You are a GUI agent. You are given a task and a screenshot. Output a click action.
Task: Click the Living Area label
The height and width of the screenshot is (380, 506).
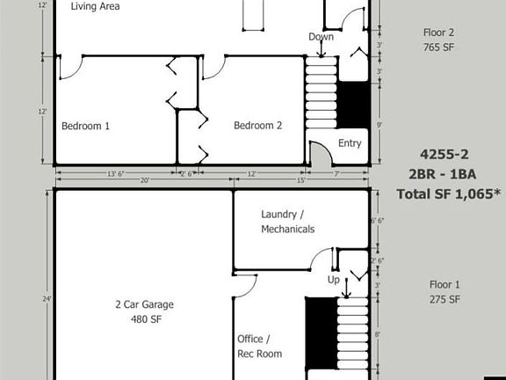(x=95, y=6)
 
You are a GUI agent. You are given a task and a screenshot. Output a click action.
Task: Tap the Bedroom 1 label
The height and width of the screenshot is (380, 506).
(x=85, y=126)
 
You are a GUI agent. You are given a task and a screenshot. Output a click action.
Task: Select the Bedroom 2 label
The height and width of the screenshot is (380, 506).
(x=257, y=126)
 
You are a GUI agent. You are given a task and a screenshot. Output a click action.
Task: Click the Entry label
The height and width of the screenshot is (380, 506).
(x=349, y=143)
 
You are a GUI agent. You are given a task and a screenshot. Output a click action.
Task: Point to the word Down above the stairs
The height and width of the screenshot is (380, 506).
(x=321, y=37)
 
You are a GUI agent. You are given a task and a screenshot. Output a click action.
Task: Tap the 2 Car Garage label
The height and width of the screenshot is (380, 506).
(x=144, y=305)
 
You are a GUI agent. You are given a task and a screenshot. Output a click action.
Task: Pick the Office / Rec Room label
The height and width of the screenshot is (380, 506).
(x=259, y=346)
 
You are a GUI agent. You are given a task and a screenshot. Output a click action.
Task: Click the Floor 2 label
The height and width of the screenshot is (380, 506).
(x=438, y=32)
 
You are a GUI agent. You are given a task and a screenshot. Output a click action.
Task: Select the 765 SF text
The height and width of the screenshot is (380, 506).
(x=438, y=47)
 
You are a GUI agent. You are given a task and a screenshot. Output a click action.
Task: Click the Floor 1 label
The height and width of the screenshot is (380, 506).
(x=444, y=285)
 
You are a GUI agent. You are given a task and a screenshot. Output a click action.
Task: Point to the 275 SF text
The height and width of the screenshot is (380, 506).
(x=444, y=300)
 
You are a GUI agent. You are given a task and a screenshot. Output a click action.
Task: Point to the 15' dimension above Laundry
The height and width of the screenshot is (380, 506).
(x=301, y=181)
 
